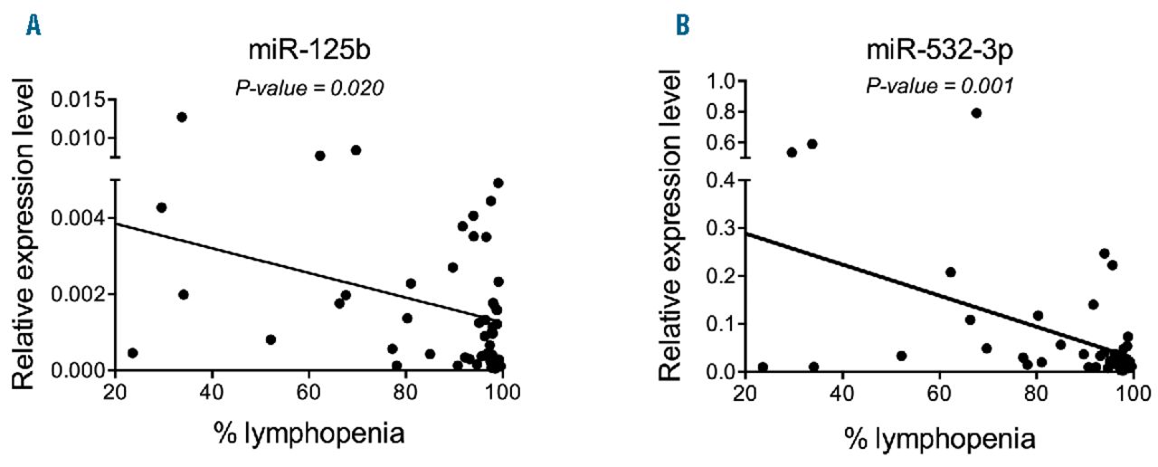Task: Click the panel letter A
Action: [x=33, y=27]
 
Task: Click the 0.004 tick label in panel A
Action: [x=80, y=218]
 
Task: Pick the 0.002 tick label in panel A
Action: [x=80, y=294]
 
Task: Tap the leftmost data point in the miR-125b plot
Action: [x=133, y=353]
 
